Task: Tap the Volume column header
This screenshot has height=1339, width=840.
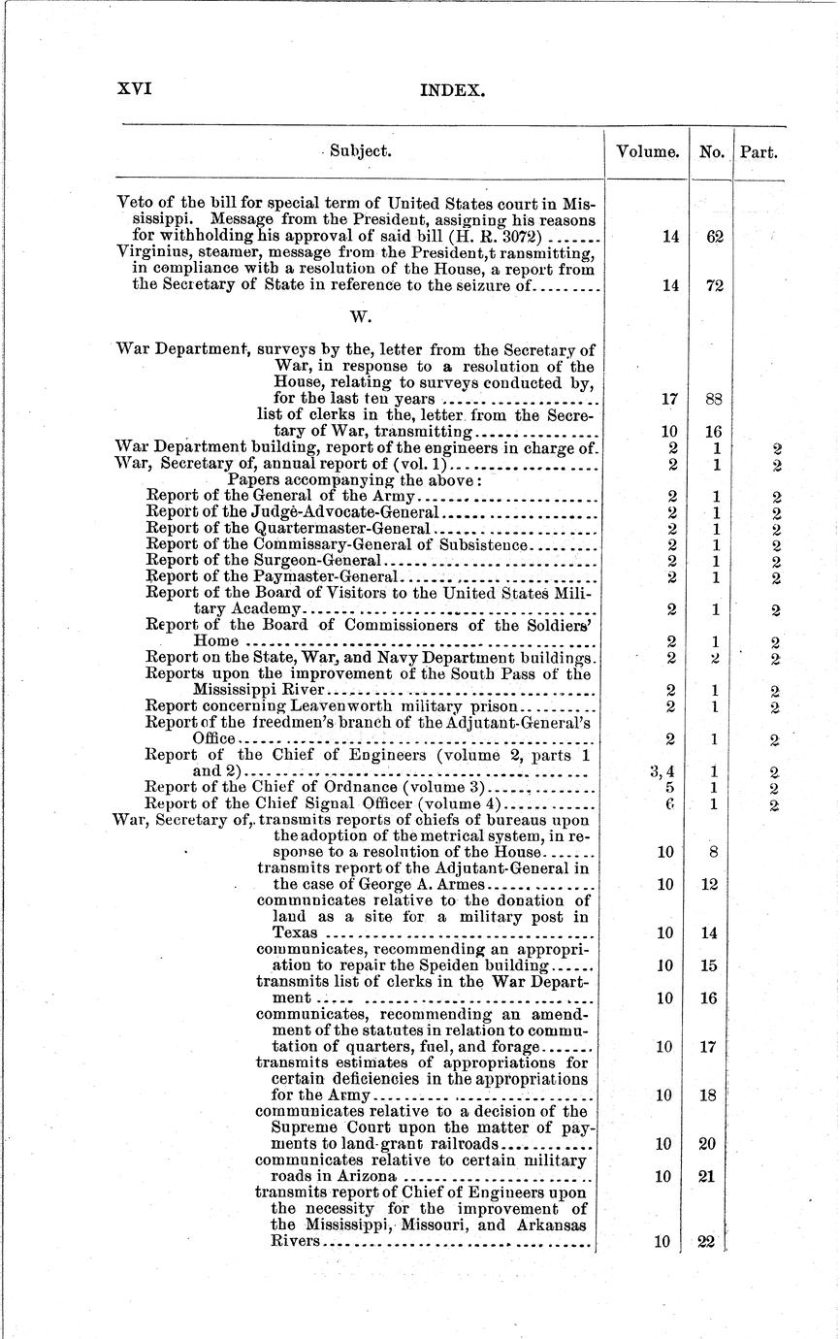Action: pyautogui.click(x=647, y=152)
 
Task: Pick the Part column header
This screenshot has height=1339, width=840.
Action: pyautogui.click(x=759, y=152)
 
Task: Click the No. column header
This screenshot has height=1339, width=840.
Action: pyautogui.click(x=711, y=152)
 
